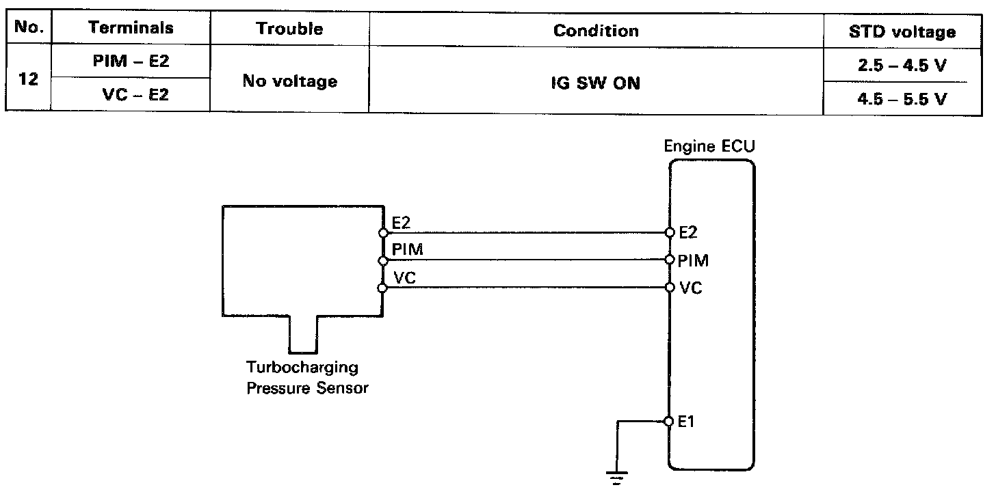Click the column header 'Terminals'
[x=131, y=29]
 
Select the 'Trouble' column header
[x=289, y=29]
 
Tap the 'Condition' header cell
[x=596, y=31]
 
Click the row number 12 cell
[x=29, y=79]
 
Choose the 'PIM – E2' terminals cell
[x=131, y=62]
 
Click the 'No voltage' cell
[x=289, y=81]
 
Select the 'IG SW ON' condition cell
[x=596, y=85]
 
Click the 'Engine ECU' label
[x=709, y=146]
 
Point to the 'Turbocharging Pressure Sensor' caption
[x=307, y=378]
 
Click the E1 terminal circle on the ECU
[x=670, y=422]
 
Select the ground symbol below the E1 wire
[x=617, y=477]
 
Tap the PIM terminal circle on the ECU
[x=670, y=260]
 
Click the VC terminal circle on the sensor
[x=382, y=288]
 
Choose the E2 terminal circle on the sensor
[x=382, y=233]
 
